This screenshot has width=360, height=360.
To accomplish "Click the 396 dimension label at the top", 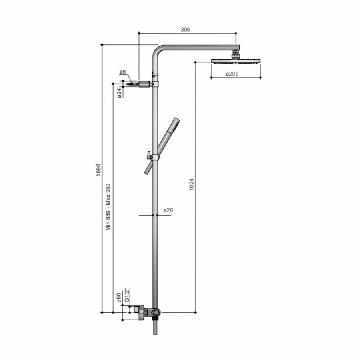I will (x=185, y=29).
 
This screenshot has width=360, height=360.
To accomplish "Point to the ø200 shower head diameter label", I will (x=232, y=74).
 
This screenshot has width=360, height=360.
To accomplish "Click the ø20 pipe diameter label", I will (x=168, y=210).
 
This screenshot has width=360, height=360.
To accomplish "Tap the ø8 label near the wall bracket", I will (x=122, y=72).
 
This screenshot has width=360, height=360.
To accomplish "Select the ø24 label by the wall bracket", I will (x=120, y=93).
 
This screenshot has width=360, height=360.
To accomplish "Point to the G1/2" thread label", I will (x=126, y=295).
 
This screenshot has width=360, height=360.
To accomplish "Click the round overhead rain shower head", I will (x=236, y=61).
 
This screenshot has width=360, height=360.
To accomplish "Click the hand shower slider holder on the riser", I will (x=154, y=156).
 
